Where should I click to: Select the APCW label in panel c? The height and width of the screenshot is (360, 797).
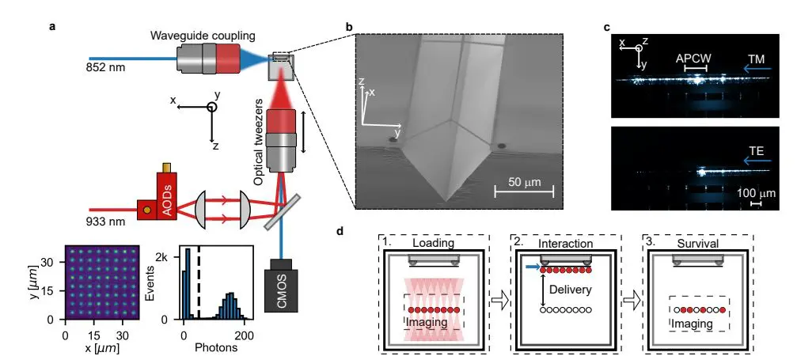(x=694, y=59)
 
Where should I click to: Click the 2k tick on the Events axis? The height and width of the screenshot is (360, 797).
(x=160, y=259)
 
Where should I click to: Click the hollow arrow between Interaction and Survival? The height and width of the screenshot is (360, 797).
(x=632, y=299)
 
